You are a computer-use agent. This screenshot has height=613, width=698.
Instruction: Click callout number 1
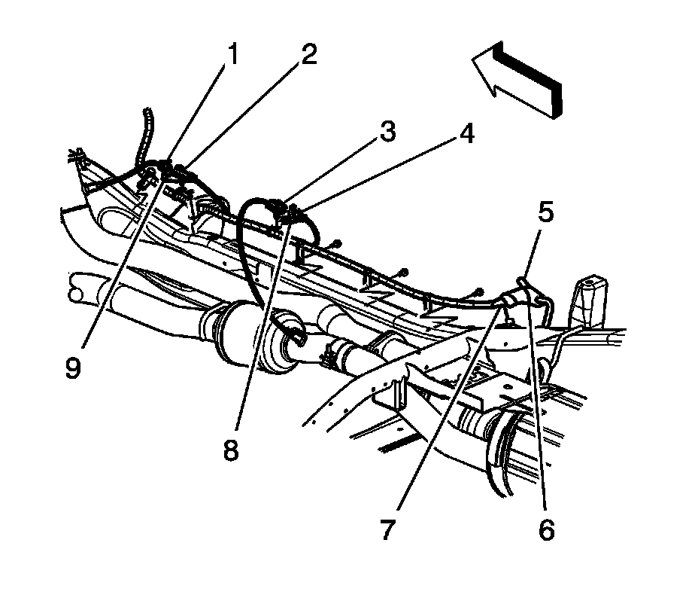point(234,54)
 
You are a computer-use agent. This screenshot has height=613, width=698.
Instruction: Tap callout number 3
point(387,132)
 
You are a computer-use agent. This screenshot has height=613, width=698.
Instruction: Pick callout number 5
point(546,212)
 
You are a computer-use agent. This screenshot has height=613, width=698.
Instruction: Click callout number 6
point(546,530)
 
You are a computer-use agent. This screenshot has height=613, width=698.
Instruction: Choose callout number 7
point(387,530)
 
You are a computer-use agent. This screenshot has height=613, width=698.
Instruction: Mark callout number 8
point(230,450)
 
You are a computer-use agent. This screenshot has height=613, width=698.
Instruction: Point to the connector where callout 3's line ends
point(278,205)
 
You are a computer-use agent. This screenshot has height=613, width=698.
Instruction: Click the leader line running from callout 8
point(259,331)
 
